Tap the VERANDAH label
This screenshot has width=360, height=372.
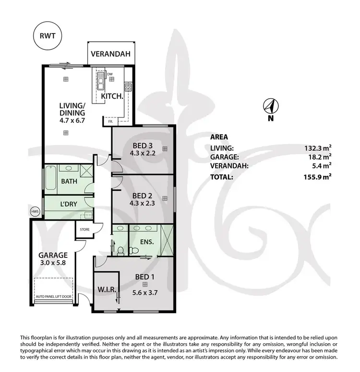click(111, 54)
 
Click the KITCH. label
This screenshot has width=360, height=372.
click(112, 96)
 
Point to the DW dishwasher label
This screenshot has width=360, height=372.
click(109, 74)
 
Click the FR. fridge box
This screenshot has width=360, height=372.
click(110, 122)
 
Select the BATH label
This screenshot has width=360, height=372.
click(71, 182)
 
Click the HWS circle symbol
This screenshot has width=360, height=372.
click(35, 211)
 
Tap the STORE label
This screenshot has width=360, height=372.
click(84, 230)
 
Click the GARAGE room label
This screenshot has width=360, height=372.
click(53, 255)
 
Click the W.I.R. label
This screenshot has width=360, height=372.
click(105, 289)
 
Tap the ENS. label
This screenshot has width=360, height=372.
click(147, 242)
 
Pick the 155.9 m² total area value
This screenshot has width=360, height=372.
click(317, 176)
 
